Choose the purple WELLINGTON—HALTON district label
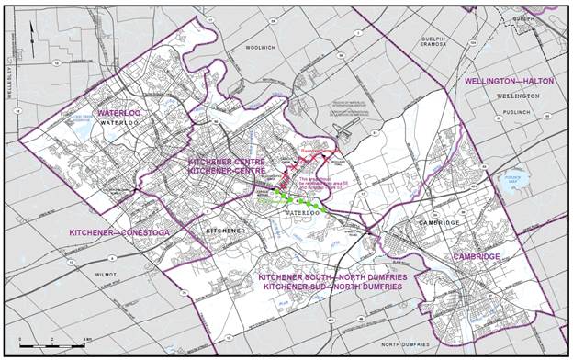(509, 82)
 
